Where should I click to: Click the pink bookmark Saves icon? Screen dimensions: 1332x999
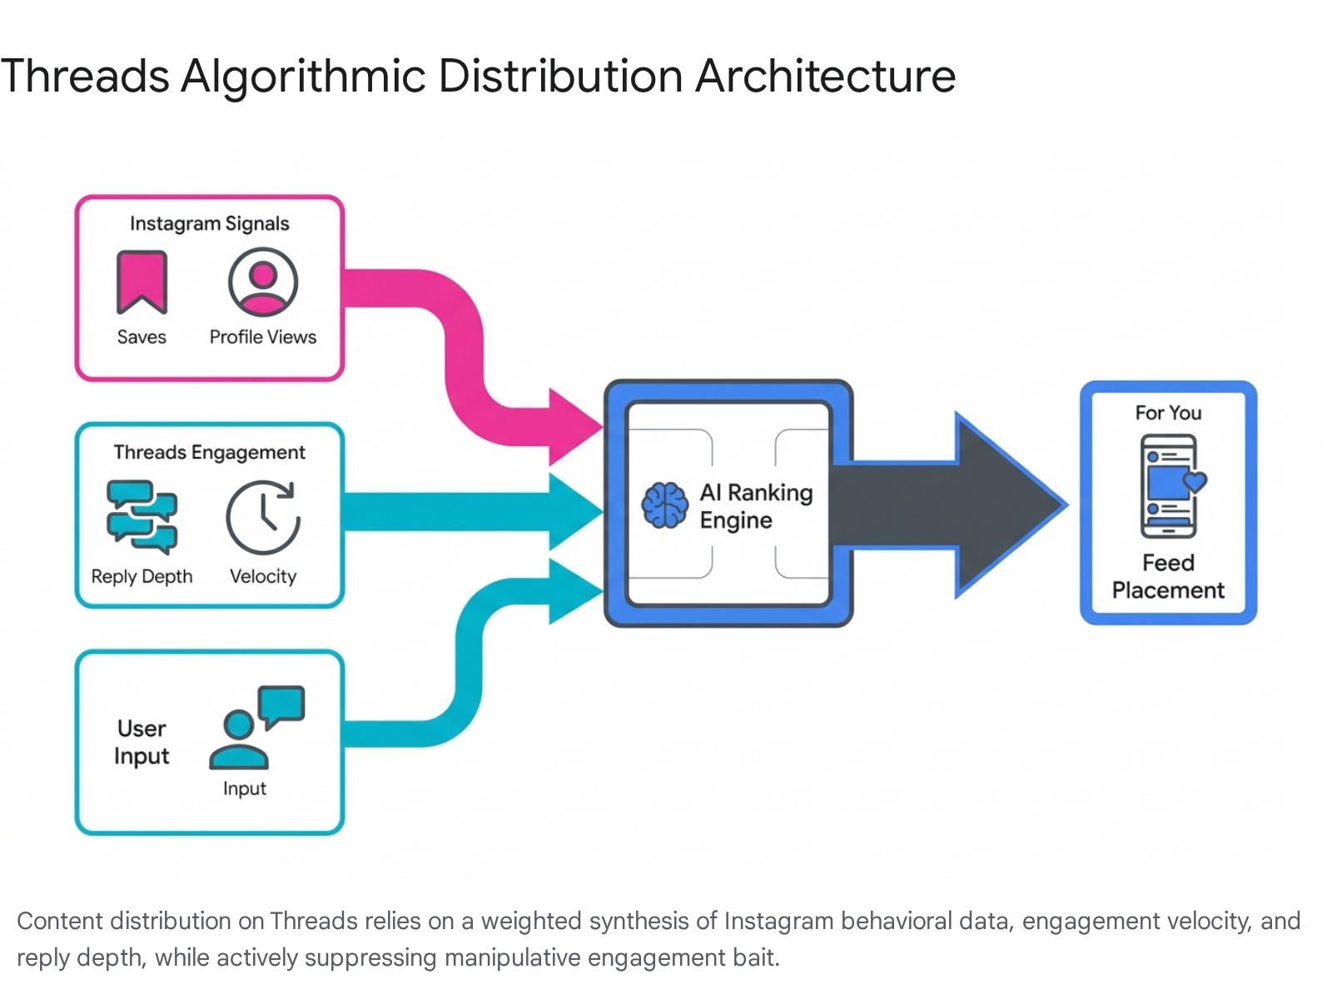(x=142, y=282)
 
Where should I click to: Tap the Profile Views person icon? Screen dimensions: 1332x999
(x=263, y=282)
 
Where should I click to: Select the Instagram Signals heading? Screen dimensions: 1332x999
(x=209, y=224)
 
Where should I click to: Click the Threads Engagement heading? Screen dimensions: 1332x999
(x=209, y=453)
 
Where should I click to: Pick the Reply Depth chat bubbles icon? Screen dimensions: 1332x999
(x=142, y=517)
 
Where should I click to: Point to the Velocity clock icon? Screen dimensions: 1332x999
(x=263, y=517)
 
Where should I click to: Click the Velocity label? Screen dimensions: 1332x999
(x=263, y=576)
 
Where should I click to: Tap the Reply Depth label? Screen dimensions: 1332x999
(x=142, y=576)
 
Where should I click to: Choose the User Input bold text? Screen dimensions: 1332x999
(x=142, y=743)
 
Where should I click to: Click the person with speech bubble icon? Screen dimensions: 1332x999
(x=256, y=728)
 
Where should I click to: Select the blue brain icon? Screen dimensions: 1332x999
(x=665, y=505)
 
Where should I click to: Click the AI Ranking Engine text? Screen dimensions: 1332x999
(x=756, y=506)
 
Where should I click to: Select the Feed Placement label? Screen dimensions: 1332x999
(x=1168, y=576)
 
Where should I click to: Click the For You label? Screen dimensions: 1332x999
(x=1168, y=413)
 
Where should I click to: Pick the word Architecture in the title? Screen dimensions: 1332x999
(x=825, y=77)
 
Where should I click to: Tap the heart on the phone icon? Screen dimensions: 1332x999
(x=1195, y=482)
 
